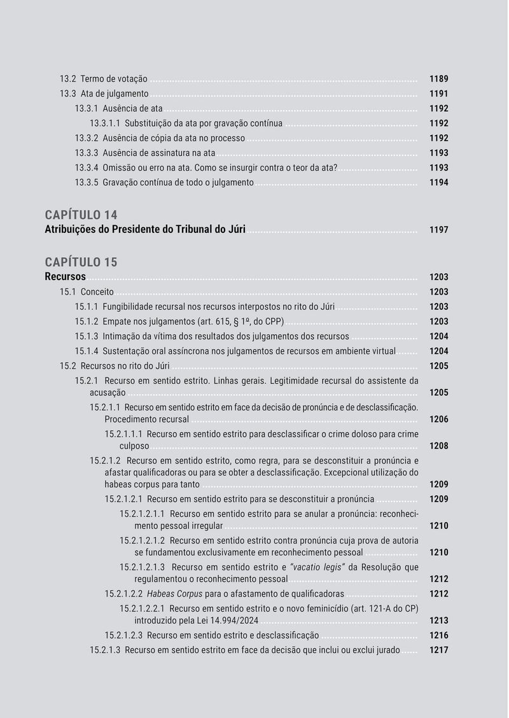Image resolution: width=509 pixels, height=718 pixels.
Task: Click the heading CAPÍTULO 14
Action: click(x=81, y=215)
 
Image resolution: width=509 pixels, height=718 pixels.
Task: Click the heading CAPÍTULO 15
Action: click(x=81, y=262)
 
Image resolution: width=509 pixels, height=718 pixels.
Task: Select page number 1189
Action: click(x=438, y=79)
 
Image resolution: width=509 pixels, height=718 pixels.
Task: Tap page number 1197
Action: click(x=438, y=230)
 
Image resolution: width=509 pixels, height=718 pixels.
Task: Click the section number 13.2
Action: click(x=67, y=79)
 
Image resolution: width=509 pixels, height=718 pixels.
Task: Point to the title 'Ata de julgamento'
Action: click(x=115, y=94)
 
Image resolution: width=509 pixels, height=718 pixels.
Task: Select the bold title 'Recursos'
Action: click(x=65, y=277)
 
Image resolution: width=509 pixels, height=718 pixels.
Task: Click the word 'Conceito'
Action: click(x=97, y=292)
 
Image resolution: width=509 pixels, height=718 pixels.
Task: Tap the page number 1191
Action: click(x=438, y=94)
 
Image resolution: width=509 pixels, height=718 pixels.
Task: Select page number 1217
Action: click(x=438, y=651)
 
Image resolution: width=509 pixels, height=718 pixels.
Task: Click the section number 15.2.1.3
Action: click(x=105, y=651)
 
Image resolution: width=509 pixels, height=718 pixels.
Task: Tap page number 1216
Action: click(x=438, y=635)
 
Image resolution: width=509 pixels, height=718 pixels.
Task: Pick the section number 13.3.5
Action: click(x=87, y=183)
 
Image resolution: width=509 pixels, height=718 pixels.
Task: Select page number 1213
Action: click(x=438, y=621)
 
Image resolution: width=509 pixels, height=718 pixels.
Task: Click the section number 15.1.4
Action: click(x=87, y=351)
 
